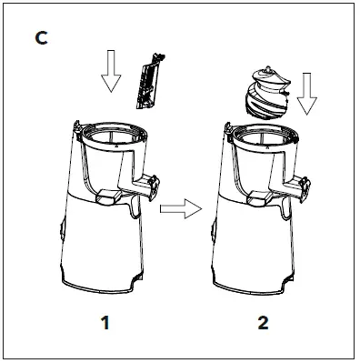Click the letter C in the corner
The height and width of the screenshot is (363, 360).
[41, 39]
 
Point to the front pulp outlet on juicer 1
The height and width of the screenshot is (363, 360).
[106, 197]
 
